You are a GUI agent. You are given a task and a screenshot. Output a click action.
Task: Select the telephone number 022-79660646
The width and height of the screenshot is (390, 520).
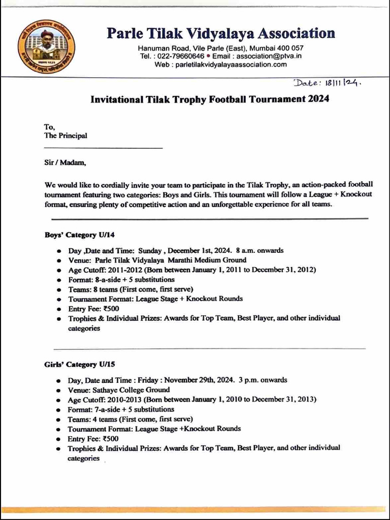179,56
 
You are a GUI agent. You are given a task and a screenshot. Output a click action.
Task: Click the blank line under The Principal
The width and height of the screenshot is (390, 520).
104,148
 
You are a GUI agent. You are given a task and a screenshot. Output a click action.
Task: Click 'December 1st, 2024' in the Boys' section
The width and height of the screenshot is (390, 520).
199,250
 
